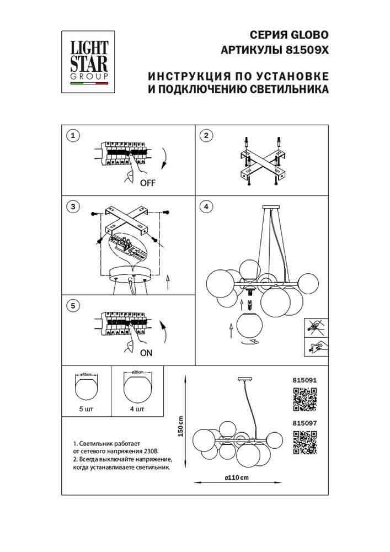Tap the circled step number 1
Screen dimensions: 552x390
tap(72, 135)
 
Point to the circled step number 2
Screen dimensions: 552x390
tap(205, 135)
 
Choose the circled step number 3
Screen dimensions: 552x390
tap(72, 207)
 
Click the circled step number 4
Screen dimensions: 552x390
tap(205, 207)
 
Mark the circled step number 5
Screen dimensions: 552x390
tap(72, 305)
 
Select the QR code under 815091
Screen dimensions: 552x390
tap(304, 400)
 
